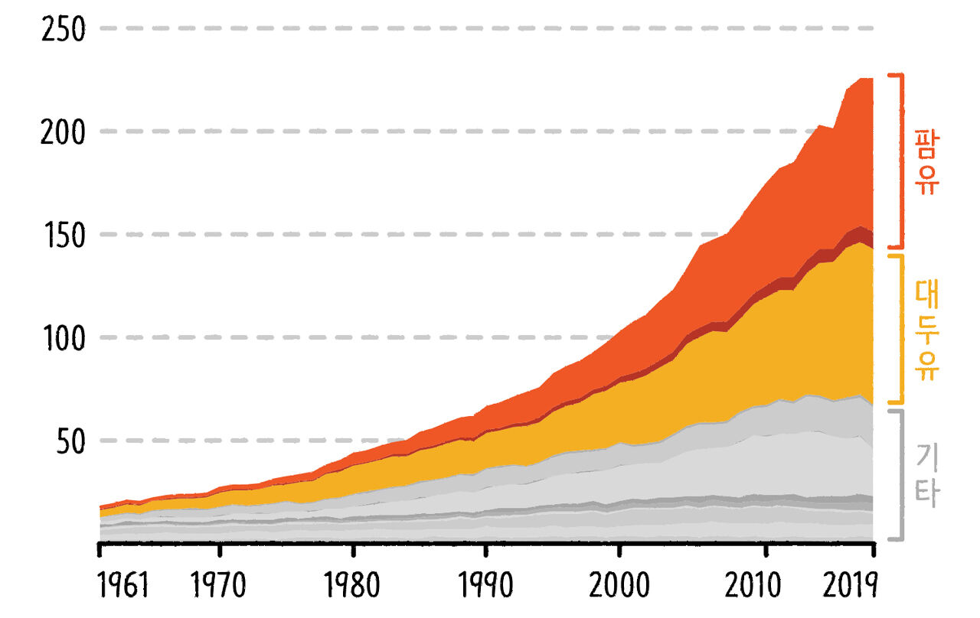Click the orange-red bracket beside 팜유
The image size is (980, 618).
click(902, 161)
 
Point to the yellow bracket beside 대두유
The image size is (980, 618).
click(902, 329)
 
